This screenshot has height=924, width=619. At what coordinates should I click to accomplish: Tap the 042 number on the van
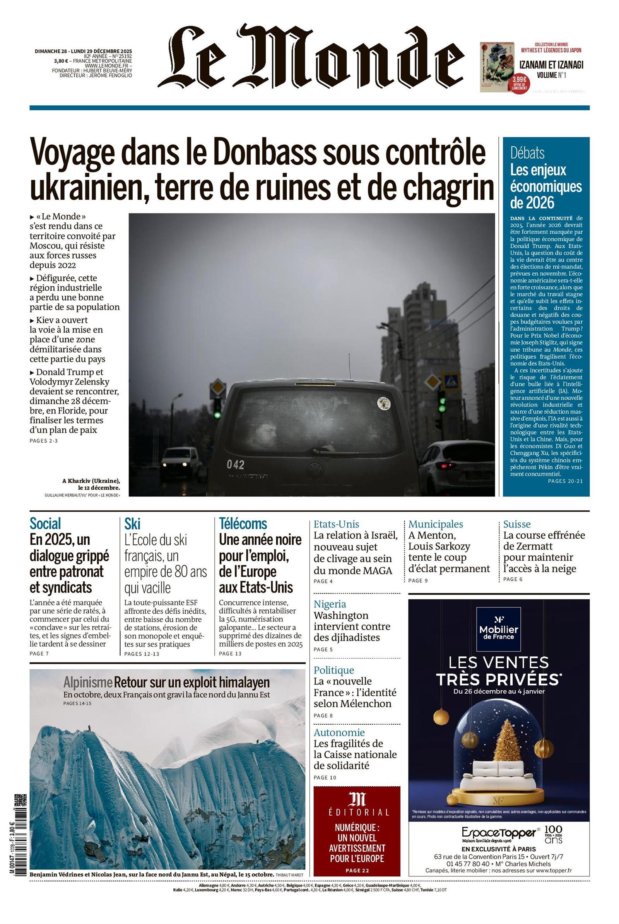click(235, 464)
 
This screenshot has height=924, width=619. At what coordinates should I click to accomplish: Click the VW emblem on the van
click(314, 469)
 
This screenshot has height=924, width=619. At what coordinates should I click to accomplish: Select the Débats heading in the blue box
click(527, 153)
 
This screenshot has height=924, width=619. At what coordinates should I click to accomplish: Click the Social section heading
click(45, 524)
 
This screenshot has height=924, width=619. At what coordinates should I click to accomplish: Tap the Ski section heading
click(132, 524)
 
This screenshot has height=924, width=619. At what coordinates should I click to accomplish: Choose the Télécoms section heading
click(243, 524)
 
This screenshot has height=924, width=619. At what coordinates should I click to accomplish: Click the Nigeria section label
click(330, 604)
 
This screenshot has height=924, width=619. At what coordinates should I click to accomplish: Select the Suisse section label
click(517, 524)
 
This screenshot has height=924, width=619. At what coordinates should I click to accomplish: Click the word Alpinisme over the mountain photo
click(88, 682)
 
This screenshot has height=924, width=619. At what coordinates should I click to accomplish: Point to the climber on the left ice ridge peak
click(90, 727)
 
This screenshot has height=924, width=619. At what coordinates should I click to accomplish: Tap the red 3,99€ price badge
click(520, 82)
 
